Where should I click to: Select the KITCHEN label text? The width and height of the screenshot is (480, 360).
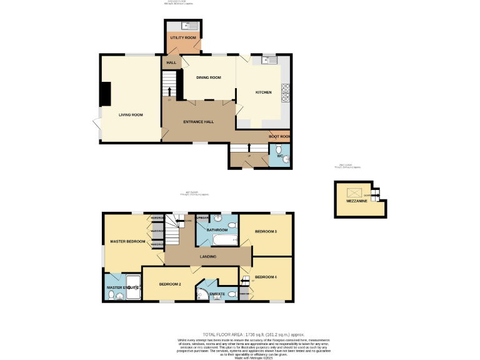(x=263, y=92)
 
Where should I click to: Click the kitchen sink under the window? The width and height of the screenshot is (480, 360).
(x=269, y=60)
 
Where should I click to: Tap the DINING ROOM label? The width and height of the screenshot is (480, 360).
(x=209, y=77)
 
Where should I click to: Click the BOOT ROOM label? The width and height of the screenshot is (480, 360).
(x=279, y=136)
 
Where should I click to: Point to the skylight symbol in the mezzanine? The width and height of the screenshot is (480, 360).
(x=353, y=193)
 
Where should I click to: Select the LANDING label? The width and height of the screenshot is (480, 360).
(x=208, y=256)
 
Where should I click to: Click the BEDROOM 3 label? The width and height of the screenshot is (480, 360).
(x=266, y=232)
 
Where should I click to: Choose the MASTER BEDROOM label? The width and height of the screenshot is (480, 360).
(x=127, y=241)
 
